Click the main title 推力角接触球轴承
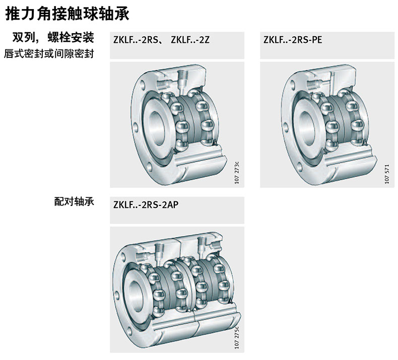68,14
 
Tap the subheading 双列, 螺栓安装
53,38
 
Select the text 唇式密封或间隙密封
49,53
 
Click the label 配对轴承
74,201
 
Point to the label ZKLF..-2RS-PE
293,40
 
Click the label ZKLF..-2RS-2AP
146,204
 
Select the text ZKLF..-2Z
190,40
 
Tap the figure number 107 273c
237,172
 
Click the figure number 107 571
386,174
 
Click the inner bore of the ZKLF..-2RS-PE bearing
308,128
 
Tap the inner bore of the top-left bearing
157,128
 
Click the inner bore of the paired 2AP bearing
137,296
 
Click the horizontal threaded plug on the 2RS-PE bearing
313,84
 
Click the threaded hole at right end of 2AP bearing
216,245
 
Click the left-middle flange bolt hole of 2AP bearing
116,295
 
